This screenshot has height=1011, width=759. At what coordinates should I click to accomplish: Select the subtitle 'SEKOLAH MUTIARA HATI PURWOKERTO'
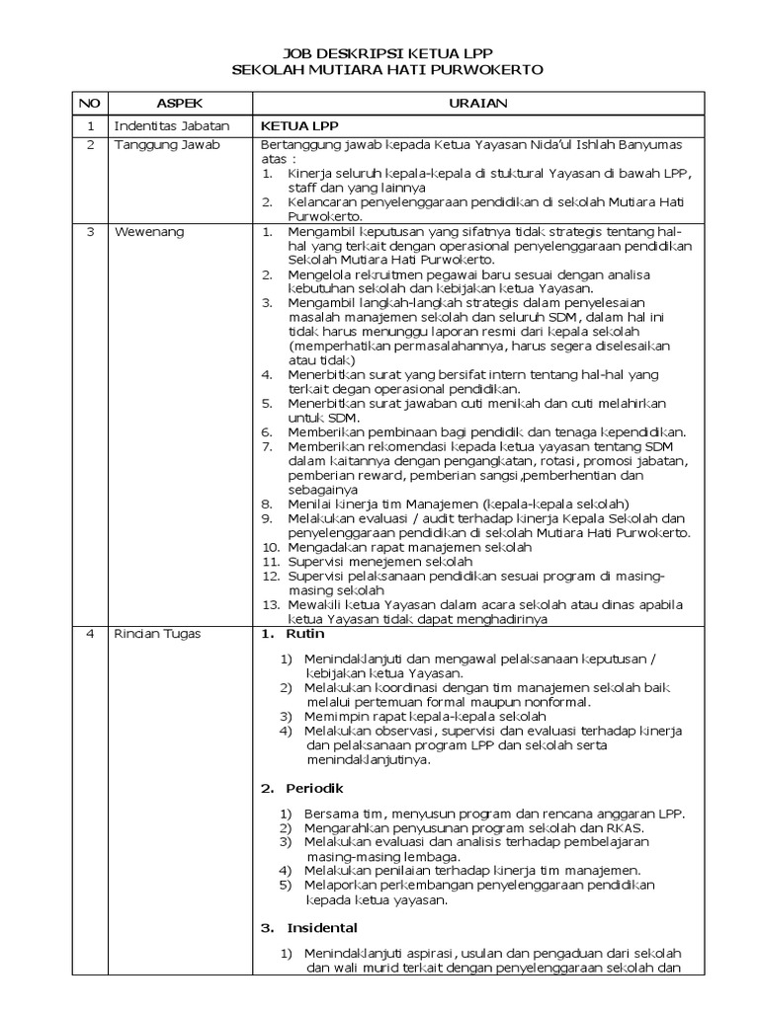coord(387,70)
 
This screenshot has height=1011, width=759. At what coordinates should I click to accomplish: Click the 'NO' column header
coord(89,103)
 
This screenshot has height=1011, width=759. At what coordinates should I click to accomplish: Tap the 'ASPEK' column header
coord(178,103)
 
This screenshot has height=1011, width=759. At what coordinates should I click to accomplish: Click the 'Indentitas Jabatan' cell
coord(172,126)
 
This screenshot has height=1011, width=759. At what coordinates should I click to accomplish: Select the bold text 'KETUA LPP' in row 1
coord(292,126)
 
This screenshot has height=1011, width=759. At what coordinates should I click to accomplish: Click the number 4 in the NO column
coord(89,634)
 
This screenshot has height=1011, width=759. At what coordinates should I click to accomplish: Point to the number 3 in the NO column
coord(89,232)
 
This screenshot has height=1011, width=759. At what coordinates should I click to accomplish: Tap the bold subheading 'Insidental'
coord(322,928)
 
